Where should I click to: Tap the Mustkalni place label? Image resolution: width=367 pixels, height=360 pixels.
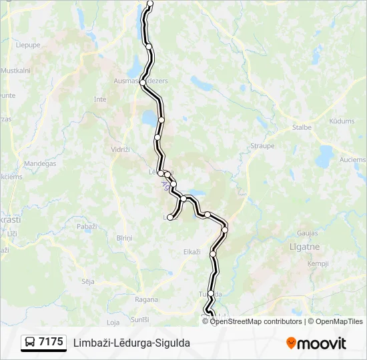pos(16,70)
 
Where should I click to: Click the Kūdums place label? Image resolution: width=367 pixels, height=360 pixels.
pos(342,121)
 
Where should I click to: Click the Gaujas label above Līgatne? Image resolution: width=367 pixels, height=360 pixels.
pos(307,233)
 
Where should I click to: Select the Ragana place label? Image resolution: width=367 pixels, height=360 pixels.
pos(147,299)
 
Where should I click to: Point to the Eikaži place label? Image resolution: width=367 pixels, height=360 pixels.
pos(192,251)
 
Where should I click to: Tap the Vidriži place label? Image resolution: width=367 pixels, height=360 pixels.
pos(121,150)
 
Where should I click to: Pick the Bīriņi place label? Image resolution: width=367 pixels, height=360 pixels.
pos(125,238)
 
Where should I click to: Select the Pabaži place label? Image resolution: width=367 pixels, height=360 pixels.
pos(87,227)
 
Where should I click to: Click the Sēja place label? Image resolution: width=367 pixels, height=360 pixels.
pos(87,281)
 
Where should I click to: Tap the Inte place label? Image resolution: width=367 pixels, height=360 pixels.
pos(100,99)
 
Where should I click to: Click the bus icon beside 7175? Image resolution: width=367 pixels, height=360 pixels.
pos(30,343)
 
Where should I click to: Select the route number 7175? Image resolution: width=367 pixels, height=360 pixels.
pos(51,343)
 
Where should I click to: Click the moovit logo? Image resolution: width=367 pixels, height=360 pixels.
pos(316,343)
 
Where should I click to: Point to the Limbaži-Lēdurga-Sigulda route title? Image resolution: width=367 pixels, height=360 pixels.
pos(132,343)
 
